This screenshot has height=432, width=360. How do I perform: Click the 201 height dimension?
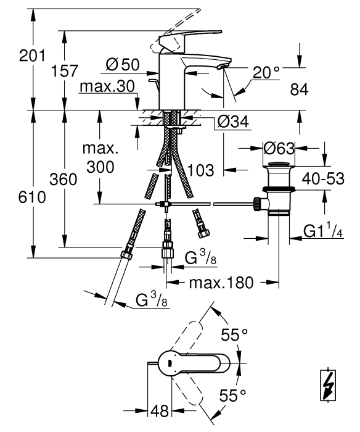click(x=32, y=56)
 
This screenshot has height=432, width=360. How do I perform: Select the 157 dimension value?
click(x=65, y=71)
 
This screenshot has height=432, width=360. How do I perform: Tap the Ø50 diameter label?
click(x=123, y=65)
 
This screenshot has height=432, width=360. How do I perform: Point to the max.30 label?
click(x=107, y=86)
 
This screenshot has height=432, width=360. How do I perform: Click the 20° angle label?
click(x=266, y=72)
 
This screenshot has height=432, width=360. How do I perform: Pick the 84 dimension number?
click(x=299, y=89)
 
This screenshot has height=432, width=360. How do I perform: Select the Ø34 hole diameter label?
click(x=233, y=122)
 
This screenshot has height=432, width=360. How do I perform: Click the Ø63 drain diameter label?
click(x=279, y=149)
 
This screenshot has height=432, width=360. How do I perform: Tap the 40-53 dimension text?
click(x=323, y=178)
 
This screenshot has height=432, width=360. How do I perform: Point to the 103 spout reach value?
click(x=200, y=170)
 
